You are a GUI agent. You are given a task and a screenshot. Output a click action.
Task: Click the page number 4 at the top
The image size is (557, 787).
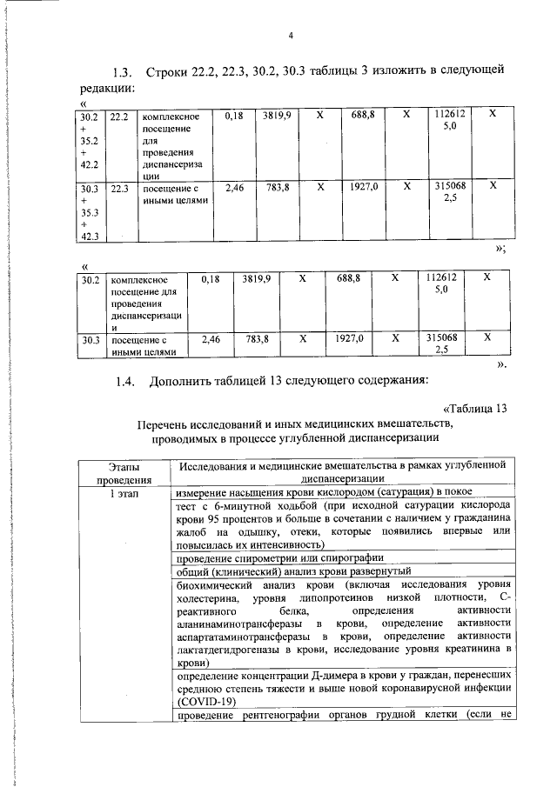click(292, 36)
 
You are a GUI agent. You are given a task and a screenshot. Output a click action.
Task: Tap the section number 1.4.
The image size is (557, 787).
click(126, 380)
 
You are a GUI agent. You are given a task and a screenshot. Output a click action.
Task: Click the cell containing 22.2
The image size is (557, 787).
click(119, 116)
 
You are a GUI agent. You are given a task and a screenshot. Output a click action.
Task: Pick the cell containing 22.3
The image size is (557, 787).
click(119, 187)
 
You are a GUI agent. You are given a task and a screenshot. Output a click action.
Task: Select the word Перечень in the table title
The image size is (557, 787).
click(164, 424)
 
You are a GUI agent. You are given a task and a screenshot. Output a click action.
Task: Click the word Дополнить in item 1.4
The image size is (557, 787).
click(182, 380)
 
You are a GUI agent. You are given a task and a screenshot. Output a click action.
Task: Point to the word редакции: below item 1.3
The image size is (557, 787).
click(107, 88)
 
